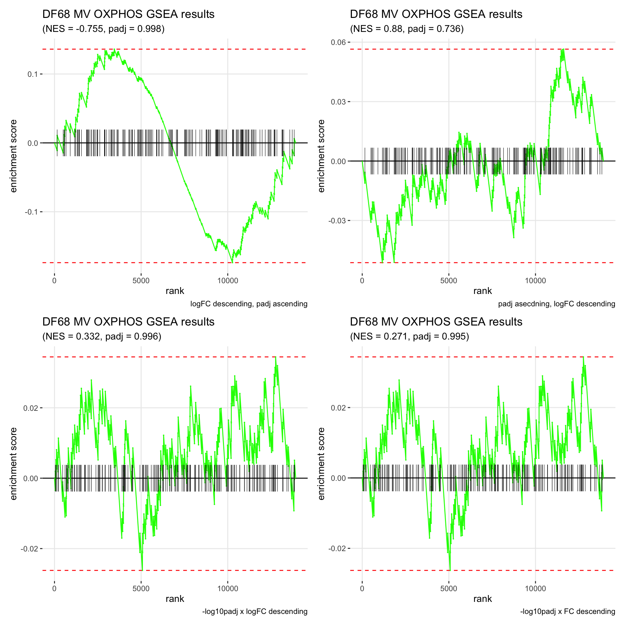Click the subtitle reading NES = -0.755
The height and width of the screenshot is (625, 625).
[x=104, y=29]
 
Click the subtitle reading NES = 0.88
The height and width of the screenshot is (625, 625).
[x=407, y=29]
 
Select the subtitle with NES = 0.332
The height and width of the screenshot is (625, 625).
[x=102, y=336]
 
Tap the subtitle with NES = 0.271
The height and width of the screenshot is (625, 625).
[x=410, y=336]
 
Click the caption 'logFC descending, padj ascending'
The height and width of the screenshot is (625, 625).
[x=249, y=304]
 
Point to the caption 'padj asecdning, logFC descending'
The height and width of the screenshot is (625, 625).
[x=556, y=304]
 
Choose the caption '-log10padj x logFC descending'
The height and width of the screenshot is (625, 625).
[x=255, y=612]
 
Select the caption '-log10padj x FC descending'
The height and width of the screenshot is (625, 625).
[x=567, y=612]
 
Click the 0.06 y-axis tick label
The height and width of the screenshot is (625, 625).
[x=338, y=42]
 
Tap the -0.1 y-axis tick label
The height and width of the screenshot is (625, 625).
[x=31, y=212]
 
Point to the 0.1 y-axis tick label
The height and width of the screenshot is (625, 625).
[x=33, y=74]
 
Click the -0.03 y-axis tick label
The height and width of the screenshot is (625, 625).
[x=337, y=221]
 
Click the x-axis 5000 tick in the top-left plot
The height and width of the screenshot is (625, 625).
[x=141, y=281]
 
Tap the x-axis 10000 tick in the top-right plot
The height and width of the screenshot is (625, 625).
[x=535, y=281]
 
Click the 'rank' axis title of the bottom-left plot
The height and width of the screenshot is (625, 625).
[x=175, y=599]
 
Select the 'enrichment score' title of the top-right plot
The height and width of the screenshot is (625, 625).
[x=322, y=156]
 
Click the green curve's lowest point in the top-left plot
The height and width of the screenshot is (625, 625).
[x=232, y=262]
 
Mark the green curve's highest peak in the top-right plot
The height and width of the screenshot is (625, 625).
[x=562, y=49]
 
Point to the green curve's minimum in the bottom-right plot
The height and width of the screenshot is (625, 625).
[x=450, y=570]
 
